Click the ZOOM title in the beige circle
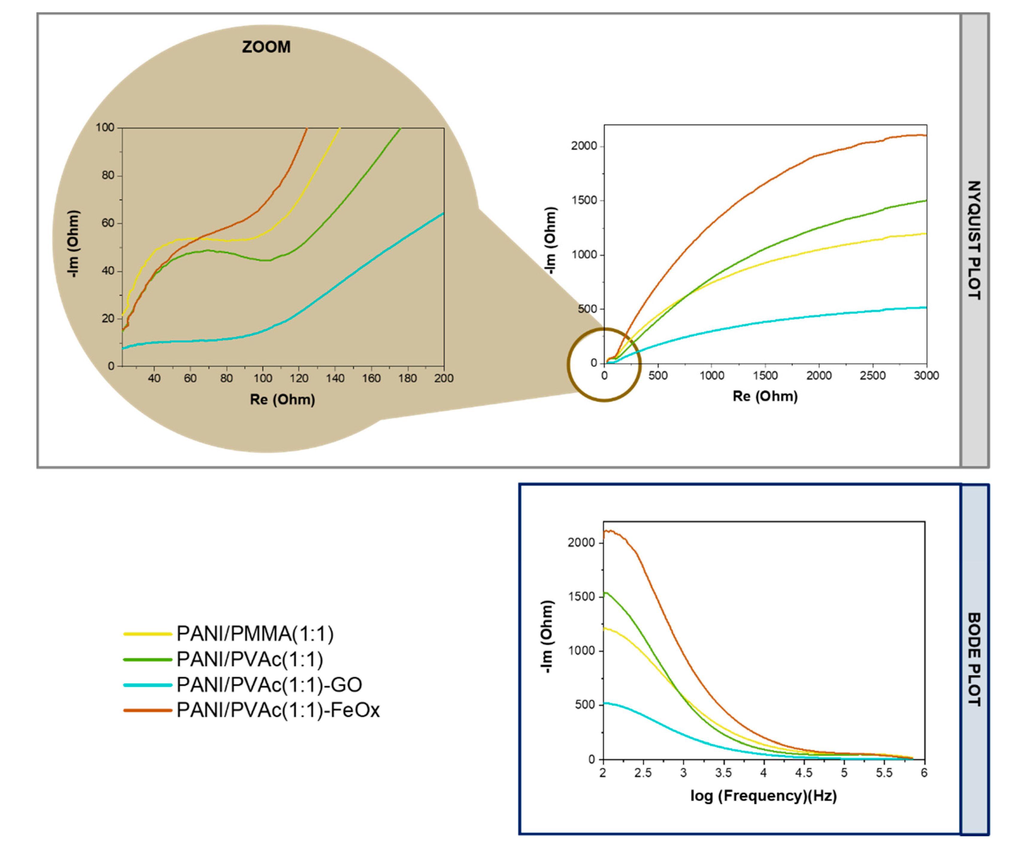(x=266, y=47)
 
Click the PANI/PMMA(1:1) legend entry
(x=254, y=634)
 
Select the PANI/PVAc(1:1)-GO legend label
(x=269, y=684)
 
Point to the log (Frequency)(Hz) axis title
(x=763, y=795)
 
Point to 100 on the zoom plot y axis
(x=105, y=127)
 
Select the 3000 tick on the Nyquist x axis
(x=926, y=375)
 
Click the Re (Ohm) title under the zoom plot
(x=282, y=400)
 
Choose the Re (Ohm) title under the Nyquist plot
(x=765, y=396)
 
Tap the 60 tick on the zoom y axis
(x=108, y=223)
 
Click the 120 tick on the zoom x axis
(x=299, y=378)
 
